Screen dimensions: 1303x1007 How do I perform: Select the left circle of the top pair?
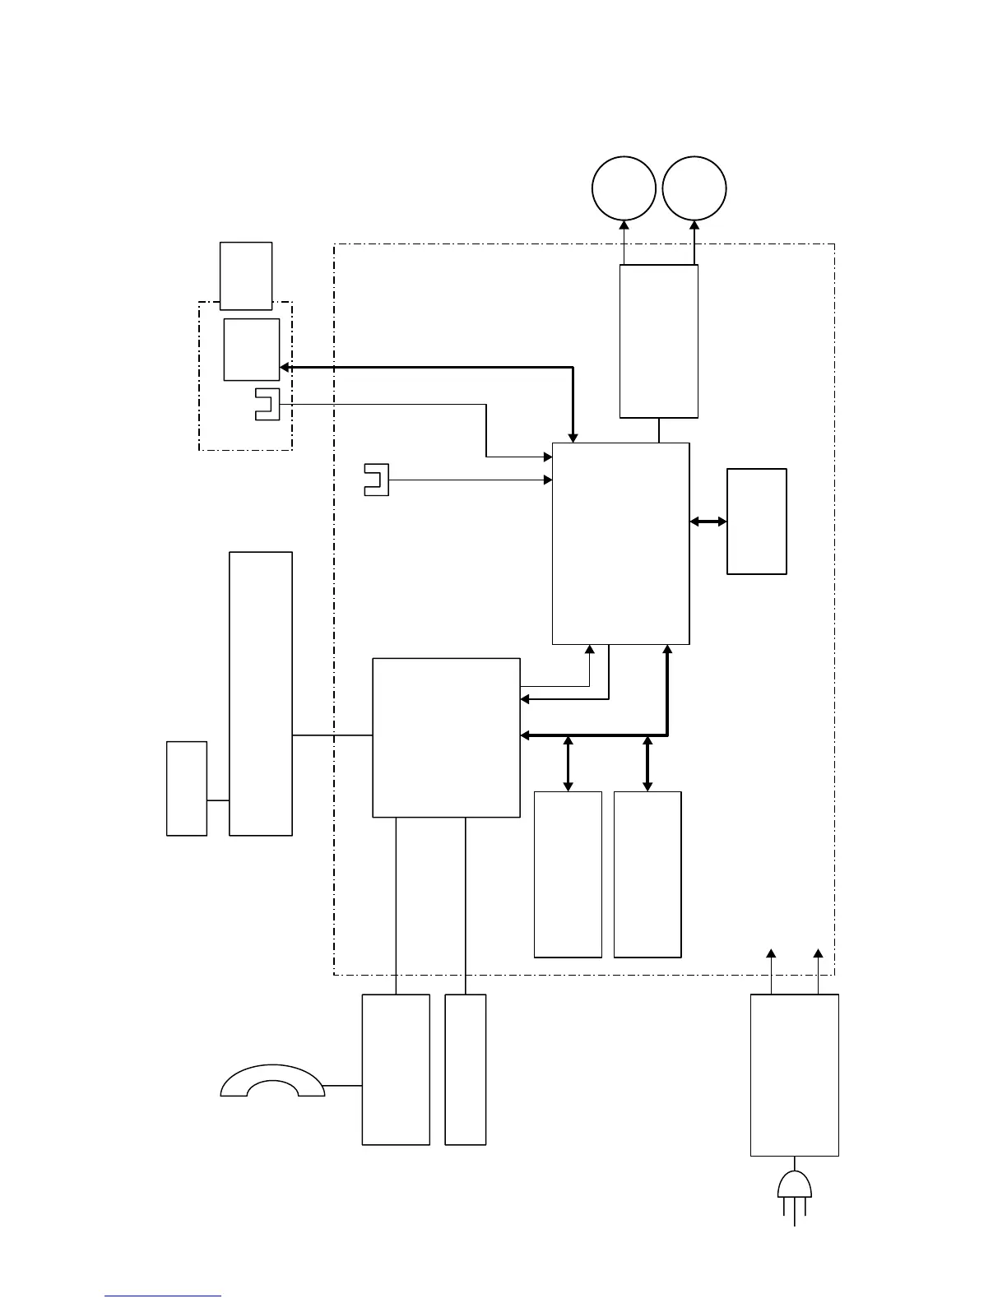click(624, 188)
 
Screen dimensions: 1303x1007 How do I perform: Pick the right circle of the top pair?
click(694, 188)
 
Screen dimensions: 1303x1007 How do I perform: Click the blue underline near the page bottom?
click(163, 1296)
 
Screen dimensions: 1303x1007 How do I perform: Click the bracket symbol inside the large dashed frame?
click(376, 480)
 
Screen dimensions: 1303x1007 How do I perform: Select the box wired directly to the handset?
click(396, 1069)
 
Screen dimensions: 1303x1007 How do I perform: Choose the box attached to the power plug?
click(795, 1074)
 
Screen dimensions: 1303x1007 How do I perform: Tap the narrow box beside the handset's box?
click(465, 1069)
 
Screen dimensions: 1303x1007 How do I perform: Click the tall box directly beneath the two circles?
click(658, 341)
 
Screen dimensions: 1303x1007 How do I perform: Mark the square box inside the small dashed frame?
click(251, 350)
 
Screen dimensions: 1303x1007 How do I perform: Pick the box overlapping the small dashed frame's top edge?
click(246, 275)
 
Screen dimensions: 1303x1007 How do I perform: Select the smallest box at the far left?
click(187, 788)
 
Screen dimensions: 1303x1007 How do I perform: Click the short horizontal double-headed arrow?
click(708, 522)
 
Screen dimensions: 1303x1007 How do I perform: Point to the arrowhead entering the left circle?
click(624, 224)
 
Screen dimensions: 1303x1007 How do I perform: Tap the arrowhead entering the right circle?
click(694, 224)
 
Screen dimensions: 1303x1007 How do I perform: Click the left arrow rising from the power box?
click(771, 954)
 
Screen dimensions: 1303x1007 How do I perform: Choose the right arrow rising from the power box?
click(818, 954)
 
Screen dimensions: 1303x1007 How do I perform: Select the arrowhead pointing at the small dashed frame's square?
click(285, 368)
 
